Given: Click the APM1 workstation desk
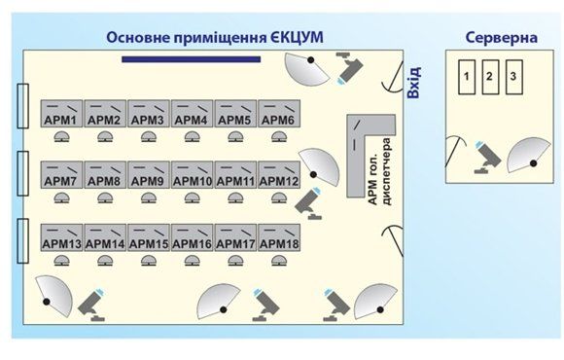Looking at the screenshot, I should [61, 113].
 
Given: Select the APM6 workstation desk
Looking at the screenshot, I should [277, 113].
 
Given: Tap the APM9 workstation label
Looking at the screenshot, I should [147, 181].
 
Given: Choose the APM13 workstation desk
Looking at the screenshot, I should [61, 237].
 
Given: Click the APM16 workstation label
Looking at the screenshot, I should [192, 243].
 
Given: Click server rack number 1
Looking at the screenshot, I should [468, 76].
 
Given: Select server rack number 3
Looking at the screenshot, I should [512, 76].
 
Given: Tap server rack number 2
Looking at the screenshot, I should [490, 76].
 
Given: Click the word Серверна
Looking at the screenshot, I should [500, 38].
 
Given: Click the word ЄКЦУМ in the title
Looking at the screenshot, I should [295, 38].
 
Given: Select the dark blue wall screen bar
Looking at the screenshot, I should [192, 60].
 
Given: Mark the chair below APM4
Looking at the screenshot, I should [191, 137].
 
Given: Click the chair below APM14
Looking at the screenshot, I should [105, 261].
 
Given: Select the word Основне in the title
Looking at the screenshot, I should [139, 38].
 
